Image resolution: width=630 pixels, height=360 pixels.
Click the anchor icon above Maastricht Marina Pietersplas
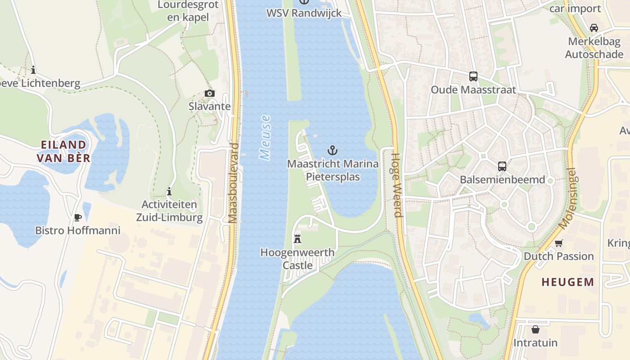point(333,150)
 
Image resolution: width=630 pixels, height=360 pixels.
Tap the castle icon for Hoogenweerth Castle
point(297,238)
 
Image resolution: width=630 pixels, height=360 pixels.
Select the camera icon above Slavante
point(209,93)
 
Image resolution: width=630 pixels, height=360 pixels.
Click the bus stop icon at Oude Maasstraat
point(473,76)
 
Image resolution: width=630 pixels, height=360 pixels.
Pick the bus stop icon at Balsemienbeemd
point(502,166)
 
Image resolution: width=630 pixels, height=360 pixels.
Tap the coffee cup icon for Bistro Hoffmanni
point(78,217)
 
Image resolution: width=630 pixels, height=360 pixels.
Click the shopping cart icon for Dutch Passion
point(558,243)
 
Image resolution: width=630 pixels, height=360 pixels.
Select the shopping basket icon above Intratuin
point(535,329)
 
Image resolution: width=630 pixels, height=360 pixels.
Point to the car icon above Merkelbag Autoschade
point(594,27)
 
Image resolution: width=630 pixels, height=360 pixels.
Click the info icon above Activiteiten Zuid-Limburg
point(169,191)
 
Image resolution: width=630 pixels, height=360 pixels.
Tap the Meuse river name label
point(265,137)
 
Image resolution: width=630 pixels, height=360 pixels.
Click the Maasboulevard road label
point(233,183)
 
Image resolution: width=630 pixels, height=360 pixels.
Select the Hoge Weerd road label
point(396,185)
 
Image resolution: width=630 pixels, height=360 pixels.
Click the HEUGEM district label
point(567,282)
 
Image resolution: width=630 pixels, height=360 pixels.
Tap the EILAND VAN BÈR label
point(63,151)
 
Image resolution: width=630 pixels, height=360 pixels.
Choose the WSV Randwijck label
point(304,13)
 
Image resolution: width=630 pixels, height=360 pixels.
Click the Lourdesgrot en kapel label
point(188,11)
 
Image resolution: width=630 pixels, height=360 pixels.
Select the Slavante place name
point(209,107)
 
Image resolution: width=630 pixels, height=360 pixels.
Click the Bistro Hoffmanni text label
point(78,230)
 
